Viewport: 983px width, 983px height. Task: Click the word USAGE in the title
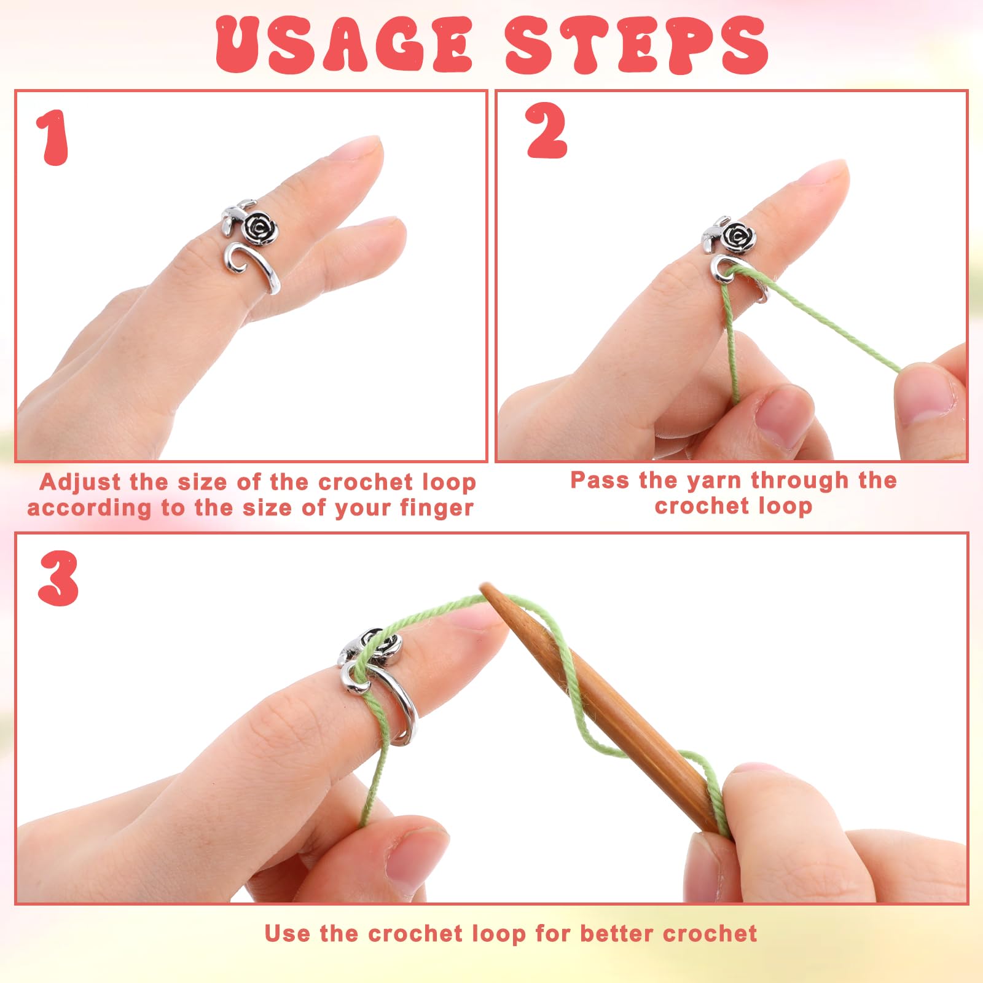pos(344,44)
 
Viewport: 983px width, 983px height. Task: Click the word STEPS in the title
pos(636,44)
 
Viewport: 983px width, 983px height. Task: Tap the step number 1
pos(53,138)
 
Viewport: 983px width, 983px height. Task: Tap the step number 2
pos(546,130)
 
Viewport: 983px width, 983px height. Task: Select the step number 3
pos(58,578)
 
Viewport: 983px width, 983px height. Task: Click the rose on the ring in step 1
pos(260,228)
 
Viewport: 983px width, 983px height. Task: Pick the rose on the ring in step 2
pos(736,237)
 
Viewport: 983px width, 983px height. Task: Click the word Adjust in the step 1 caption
pos(80,482)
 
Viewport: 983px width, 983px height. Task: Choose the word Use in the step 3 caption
pos(287,933)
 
